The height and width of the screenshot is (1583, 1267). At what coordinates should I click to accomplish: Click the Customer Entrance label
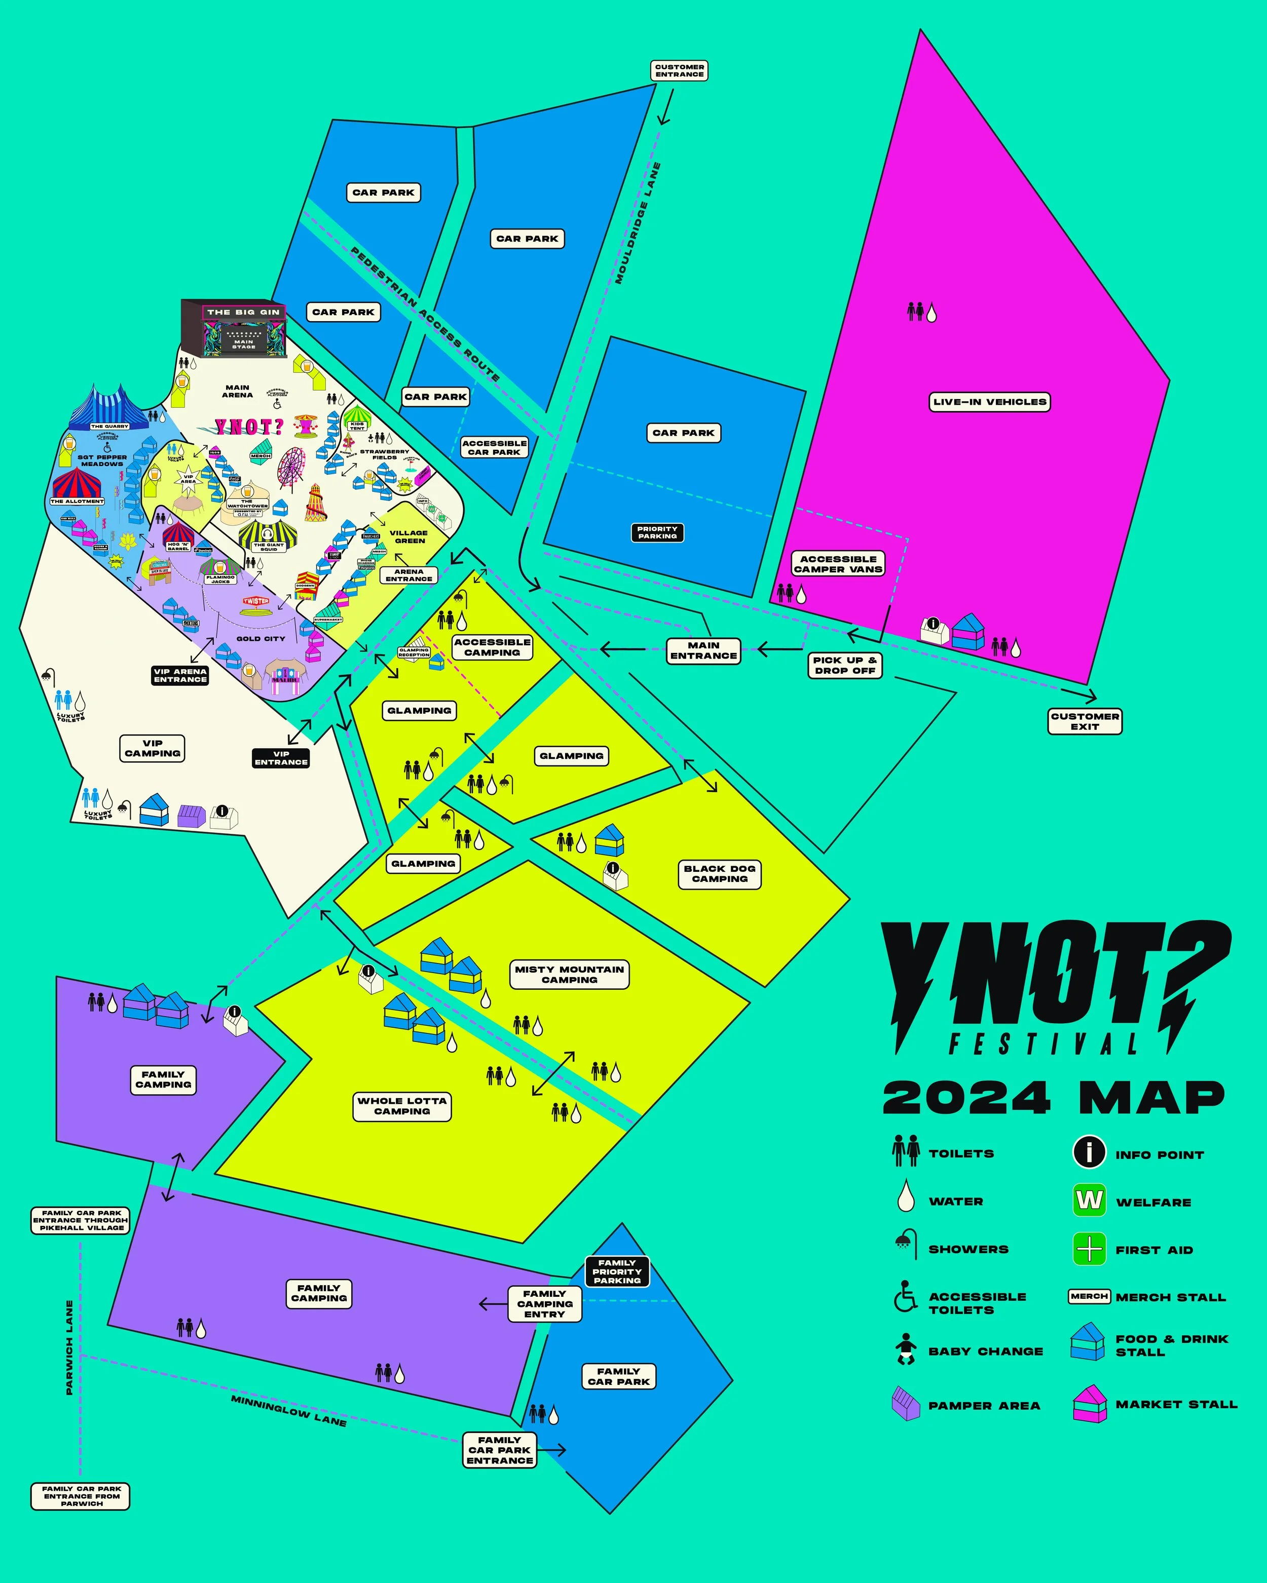tap(680, 70)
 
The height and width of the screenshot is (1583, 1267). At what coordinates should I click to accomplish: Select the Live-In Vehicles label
tap(989, 402)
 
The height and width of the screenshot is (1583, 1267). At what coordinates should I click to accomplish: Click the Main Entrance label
tap(703, 650)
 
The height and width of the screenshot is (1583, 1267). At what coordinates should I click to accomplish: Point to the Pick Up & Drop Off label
tap(845, 665)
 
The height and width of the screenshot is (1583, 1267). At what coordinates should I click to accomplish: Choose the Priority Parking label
tap(657, 532)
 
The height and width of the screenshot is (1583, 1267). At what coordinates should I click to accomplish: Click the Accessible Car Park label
tap(494, 448)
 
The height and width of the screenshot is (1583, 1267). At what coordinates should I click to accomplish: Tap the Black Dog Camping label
tap(719, 874)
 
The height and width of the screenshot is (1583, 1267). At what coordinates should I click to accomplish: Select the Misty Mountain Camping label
tap(569, 974)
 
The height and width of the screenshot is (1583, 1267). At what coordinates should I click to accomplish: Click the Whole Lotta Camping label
tap(402, 1106)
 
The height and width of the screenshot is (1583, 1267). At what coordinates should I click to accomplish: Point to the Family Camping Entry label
tap(544, 1304)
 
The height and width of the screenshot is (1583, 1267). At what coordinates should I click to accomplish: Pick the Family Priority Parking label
tap(617, 1271)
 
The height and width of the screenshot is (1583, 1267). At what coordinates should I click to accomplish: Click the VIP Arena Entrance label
tap(180, 675)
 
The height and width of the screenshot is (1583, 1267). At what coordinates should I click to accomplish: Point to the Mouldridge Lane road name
tap(638, 223)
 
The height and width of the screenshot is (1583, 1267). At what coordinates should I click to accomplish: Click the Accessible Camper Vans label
tap(838, 564)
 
